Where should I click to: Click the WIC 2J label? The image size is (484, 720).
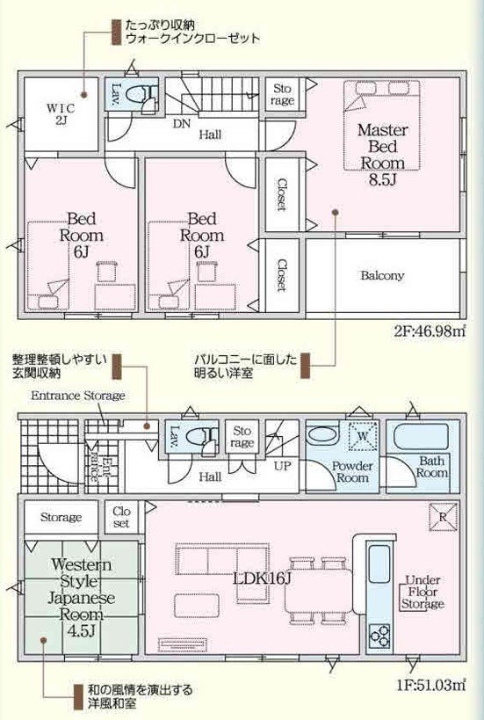pyautogui.click(x=61, y=115)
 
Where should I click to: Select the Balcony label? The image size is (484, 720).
pyautogui.click(x=382, y=275)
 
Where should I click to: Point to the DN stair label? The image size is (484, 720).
pyautogui.click(x=182, y=124)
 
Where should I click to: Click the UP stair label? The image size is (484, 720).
pyautogui.click(x=283, y=466)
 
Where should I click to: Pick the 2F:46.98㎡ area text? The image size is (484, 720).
pyautogui.click(x=430, y=331)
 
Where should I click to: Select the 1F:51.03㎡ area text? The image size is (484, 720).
pyautogui.click(x=431, y=686)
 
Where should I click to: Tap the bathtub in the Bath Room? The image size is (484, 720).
pyautogui.click(x=421, y=437)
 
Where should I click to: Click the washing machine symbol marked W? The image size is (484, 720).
pyautogui.click(x=363, y=435)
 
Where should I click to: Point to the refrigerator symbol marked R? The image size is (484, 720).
pyautogui.click(x=444, y=517)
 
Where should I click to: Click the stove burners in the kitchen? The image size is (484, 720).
pyautogui.click(x=379, y=636)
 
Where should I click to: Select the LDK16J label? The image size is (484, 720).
pyautogui.click(x=262, y=578)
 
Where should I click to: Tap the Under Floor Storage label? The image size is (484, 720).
pyautogui.click(x=423, y=592)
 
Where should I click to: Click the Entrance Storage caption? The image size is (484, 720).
pyautogui.click(x=78, y=396)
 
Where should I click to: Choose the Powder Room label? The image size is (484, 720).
pyautogui.click(x=352, y=471)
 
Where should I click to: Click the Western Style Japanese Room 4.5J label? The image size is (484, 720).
pyautogui.click(x=81, y=597)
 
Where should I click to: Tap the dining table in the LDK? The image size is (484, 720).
pyautogui.click(x=318, y=590)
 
